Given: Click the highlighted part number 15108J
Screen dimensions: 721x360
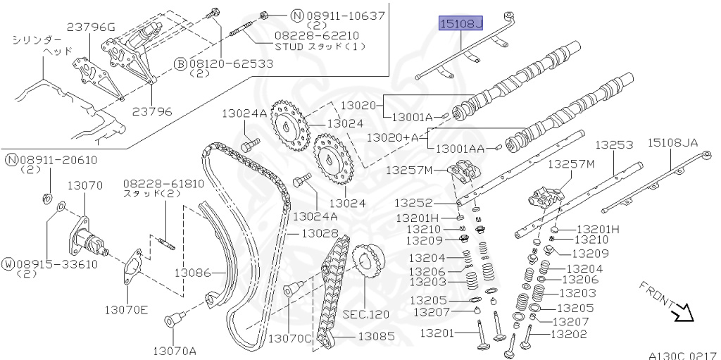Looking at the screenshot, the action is pos(460,23).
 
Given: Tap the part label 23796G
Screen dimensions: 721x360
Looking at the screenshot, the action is pos(91,27).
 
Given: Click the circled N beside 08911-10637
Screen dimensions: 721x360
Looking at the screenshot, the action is pos(298,15).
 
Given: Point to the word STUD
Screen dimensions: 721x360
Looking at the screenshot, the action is pos(289,46).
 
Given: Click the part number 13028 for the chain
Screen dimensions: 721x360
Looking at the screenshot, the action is pos(320,233).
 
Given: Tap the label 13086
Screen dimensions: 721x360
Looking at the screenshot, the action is pos(192,273).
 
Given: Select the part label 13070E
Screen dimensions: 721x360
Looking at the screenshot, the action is pos(126,310).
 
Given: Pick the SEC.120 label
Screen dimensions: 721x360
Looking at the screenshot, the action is pos(365,315).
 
